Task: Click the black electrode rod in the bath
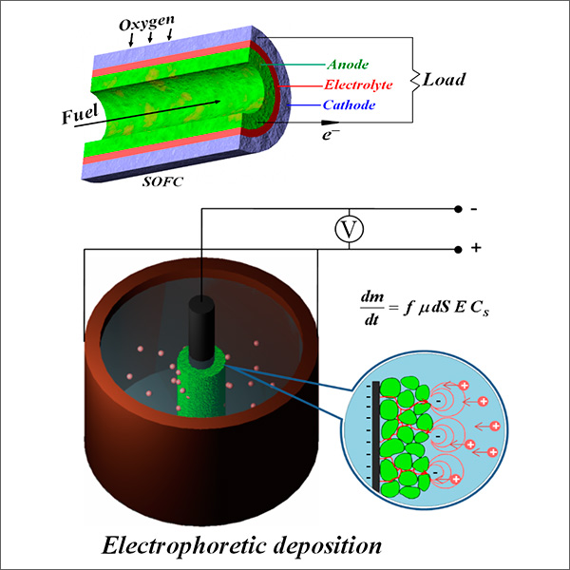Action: [x=201, y=328]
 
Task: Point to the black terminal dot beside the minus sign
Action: [x=459, y=209]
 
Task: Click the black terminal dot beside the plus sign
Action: [x=459, y=248]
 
